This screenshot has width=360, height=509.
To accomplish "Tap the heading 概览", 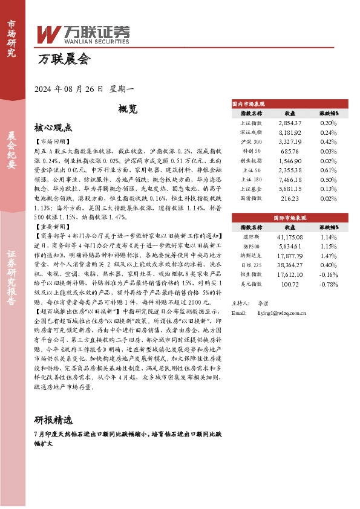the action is (x=128, y=109).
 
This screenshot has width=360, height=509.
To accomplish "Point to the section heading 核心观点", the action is (x=54, y=128).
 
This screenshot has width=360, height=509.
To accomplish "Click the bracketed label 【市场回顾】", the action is (x=53, y=140).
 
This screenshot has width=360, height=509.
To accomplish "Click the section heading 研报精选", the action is (x=54, y=420).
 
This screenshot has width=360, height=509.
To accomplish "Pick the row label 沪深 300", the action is (x=251, y=141).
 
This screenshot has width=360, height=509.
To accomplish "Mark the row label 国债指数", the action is (x=251, y=198).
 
